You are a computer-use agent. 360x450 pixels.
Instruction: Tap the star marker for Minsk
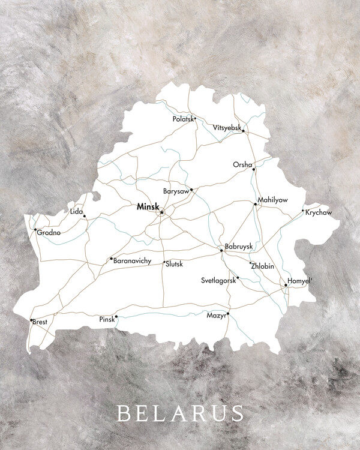tap(161, 212)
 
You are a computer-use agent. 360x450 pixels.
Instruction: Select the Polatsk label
tap(182, 119)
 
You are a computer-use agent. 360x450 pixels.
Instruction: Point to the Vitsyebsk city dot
tap(243, 131)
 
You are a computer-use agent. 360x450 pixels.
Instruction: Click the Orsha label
tap(242, 164)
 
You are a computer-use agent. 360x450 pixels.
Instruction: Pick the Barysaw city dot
tap(191, 190)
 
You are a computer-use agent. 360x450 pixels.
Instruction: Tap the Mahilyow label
tap(272, 199)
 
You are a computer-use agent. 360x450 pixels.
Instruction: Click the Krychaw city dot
tap(303, 211)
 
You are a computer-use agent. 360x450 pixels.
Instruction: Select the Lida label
tap(76, 212)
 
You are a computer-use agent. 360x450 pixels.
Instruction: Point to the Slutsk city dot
tap(164, 262)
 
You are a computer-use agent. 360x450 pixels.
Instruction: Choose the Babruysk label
tap(239, 247)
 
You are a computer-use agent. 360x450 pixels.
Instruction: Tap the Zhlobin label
tap(263, 265)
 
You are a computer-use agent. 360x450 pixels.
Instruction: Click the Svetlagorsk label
tap(218, 280)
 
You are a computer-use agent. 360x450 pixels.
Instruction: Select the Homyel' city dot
tap(286, 286)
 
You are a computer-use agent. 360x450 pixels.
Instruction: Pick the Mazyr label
tap(216, 314)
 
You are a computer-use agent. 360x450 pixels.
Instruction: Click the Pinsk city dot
tap(116, 317)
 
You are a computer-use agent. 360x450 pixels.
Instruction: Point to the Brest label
tap(40, 322)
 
